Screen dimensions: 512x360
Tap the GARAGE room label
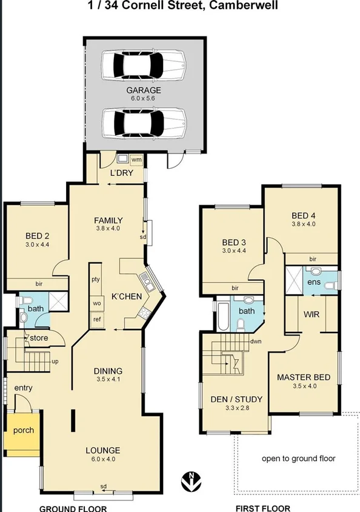[144, 90]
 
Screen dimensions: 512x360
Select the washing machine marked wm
[136, 160]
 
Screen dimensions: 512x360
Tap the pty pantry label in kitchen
[96, 280]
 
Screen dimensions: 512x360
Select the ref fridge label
[96, 318]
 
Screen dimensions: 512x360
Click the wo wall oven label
[96, 303]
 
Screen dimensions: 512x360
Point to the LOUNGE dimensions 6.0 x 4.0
[102, 459]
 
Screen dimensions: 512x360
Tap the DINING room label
[108, 371]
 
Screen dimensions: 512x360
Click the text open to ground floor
[298, 459]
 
